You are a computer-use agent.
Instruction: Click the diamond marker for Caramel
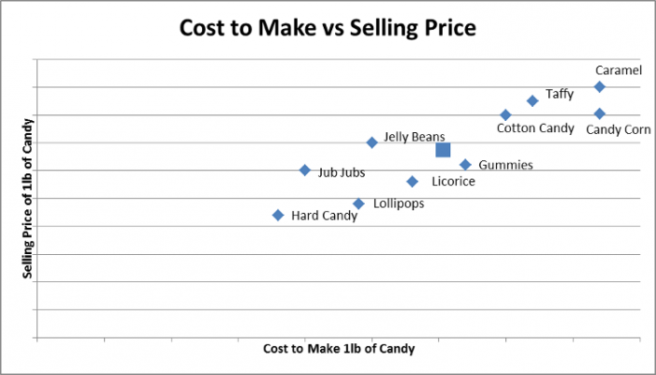coord(600,87)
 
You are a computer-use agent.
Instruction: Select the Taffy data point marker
coord(532,100)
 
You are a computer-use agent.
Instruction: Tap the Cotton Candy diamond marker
coord(505,115)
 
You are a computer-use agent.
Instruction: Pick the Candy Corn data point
coord(600,114)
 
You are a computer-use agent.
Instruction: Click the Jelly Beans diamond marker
coord(372,142)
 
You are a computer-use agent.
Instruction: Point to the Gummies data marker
coord(465,165)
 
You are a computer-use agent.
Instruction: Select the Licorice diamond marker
coord(412,181)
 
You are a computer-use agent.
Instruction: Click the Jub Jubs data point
coord(305,170)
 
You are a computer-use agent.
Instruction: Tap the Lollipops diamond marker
coord(358,203)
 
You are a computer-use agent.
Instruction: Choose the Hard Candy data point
coord(278,215)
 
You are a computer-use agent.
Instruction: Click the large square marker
coord(444,150)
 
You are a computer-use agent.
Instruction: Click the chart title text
coord(328,29)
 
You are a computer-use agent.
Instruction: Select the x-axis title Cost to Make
coord(339,348)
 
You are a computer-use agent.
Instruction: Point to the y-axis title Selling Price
coord(28,199)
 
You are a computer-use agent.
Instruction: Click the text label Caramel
coord(619,70)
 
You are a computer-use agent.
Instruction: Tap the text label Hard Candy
coord(324,216)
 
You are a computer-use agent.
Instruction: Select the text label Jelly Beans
coord(415,137)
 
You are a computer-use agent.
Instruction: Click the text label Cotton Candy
coord(534,128)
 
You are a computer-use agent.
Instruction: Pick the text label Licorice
coord(453,181)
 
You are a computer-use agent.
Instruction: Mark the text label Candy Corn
coord(618,129)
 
